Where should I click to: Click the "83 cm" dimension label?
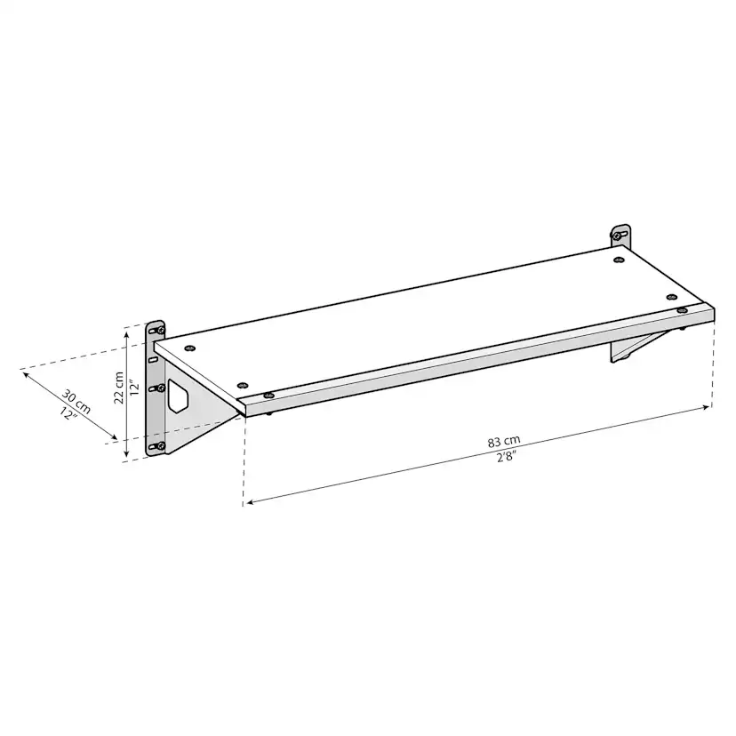[x=504, y=441]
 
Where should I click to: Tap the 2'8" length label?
[x=507, y=456]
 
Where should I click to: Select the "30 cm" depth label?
[x=76, y=401]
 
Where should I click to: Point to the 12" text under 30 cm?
[x=68, y=413]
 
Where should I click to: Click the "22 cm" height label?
[x=119, y=388]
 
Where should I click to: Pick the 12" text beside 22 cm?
[x=135, y=388]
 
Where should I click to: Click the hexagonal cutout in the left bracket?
[x=178, y=396]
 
